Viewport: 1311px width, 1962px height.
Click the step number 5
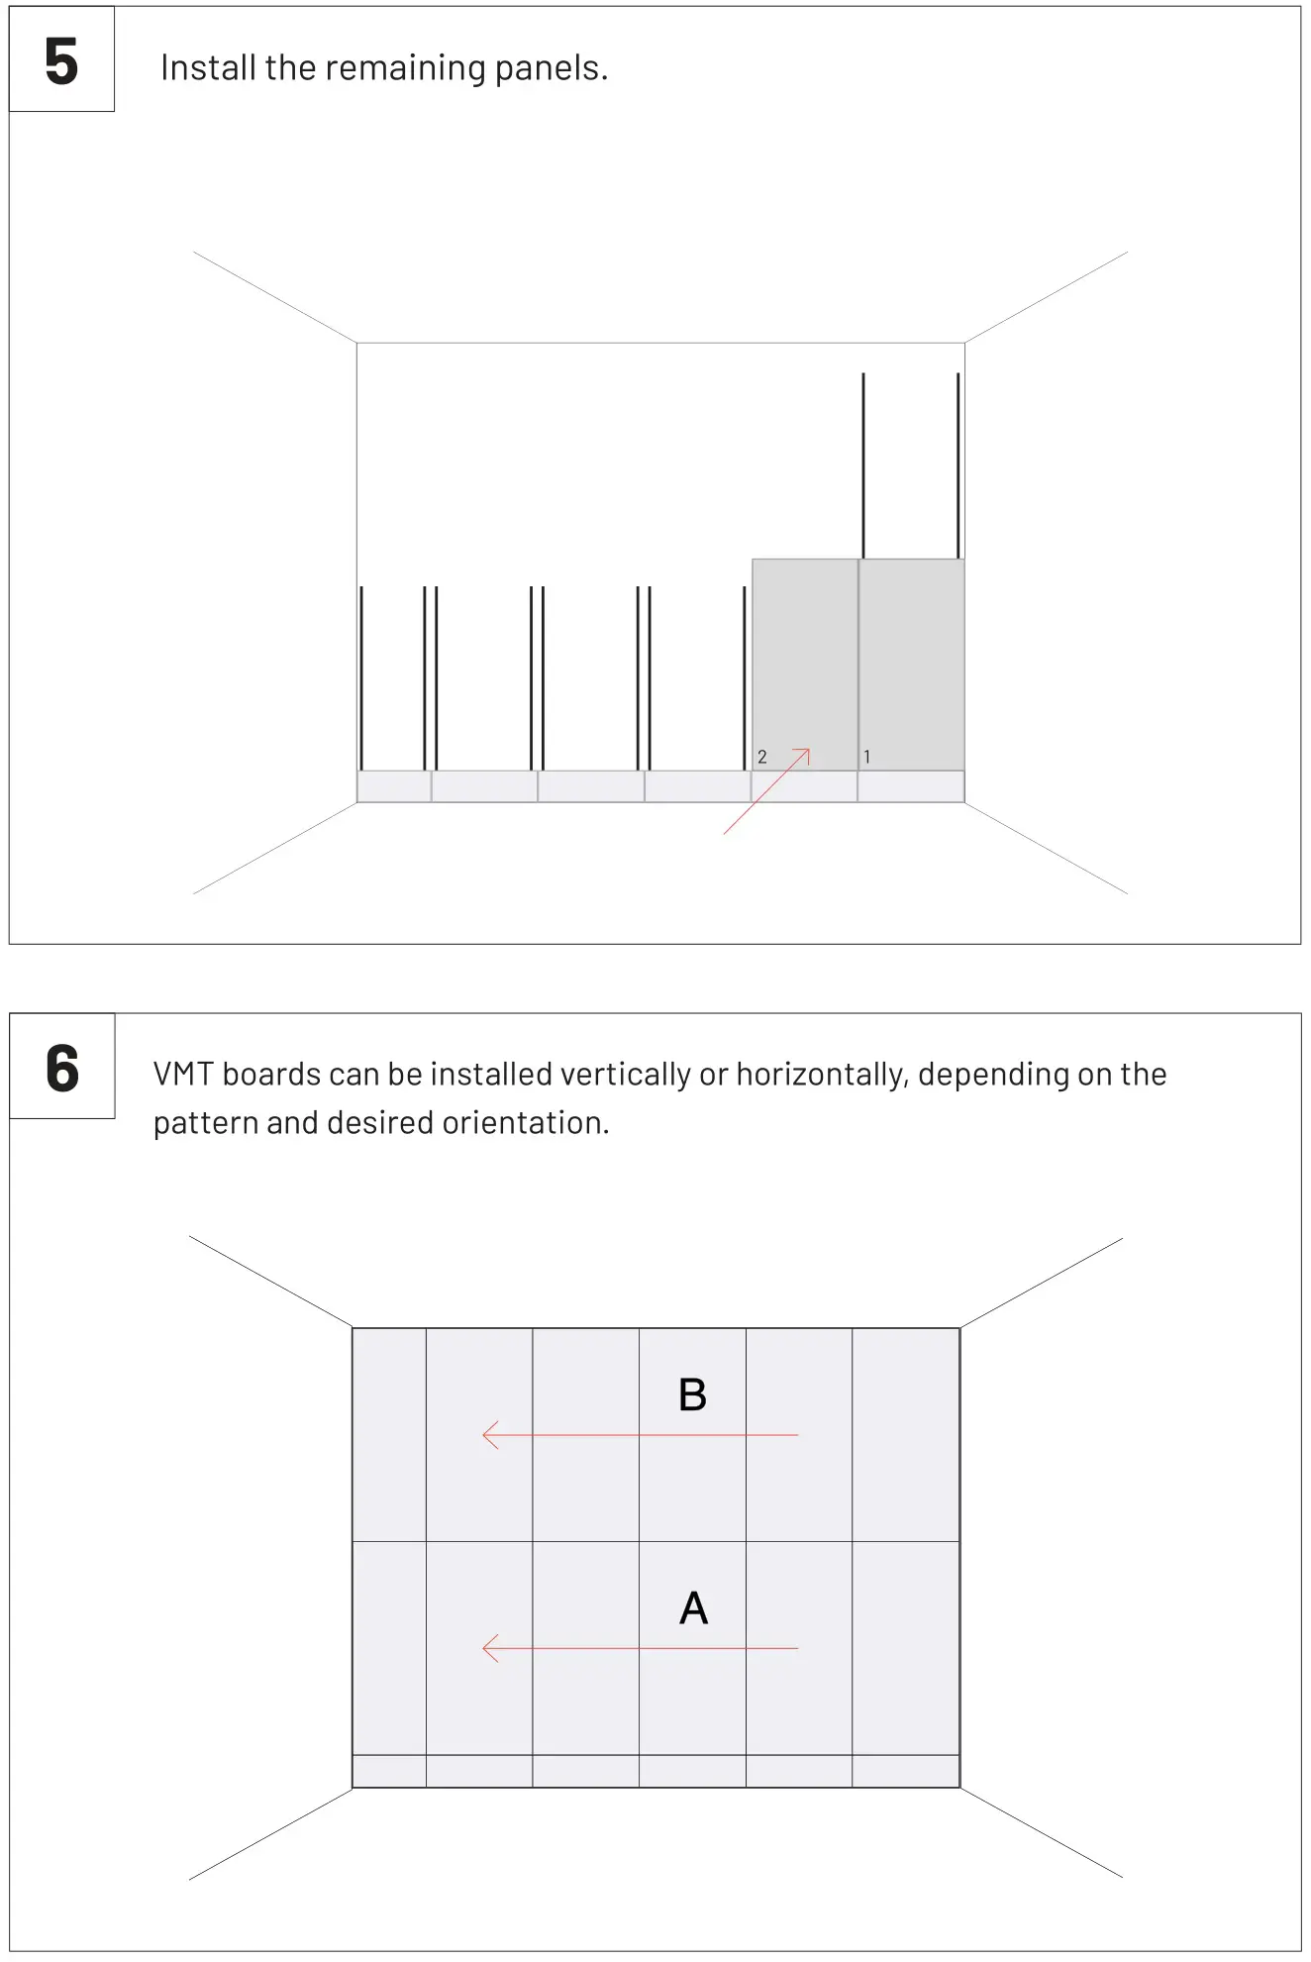coord(61,61)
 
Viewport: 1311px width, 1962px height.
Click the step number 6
coord(62,1069)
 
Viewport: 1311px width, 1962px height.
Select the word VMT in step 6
coord(183,1075)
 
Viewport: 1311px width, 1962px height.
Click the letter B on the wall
coord(692,1395)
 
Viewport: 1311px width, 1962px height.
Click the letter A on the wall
coord(693,1608)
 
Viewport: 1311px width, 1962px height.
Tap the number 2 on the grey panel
coord(762,757)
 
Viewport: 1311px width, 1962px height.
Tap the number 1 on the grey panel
coord(867,757)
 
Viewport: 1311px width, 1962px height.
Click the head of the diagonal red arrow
coord(807,752)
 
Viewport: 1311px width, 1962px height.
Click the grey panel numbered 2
coord(804,654)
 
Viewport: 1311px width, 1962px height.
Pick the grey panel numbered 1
coord(911,654)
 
